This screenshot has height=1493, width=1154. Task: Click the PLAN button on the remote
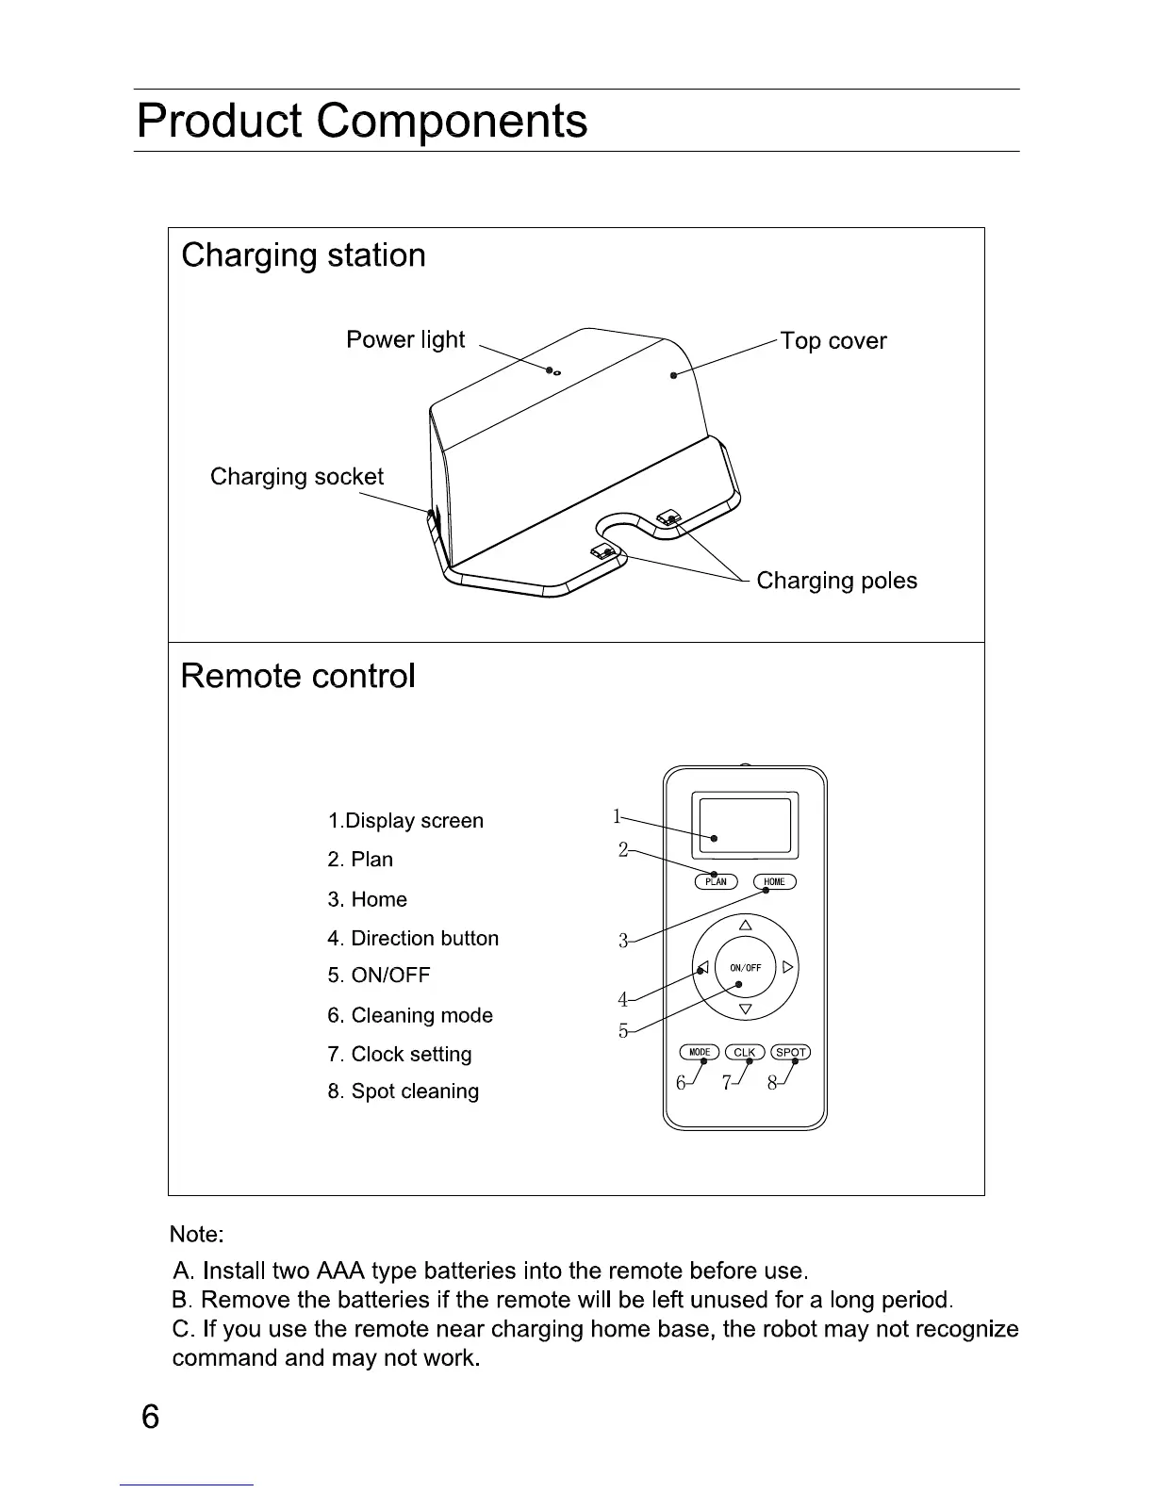[716, 882]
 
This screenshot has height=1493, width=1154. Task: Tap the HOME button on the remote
[775, 882]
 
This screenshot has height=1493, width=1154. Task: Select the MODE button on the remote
[700, 1053]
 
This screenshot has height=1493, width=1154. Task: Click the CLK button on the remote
[745, 1053]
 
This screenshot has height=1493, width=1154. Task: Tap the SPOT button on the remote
[791, 1053]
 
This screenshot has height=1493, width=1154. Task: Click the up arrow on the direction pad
[746, 925]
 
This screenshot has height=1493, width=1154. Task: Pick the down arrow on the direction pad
[746, 1010]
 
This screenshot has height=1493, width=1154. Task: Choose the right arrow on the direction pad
[788, 967]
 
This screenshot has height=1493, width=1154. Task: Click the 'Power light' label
[405, 340]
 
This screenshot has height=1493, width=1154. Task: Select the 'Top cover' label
[833, 341]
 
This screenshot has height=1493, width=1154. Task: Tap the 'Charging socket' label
[297, 477]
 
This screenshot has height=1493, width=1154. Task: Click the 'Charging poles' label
[836, 581]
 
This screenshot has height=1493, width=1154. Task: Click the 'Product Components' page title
[362, 121]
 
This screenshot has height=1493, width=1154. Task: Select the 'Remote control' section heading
[298, 677]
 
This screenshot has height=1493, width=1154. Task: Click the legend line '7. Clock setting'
[400, 1055]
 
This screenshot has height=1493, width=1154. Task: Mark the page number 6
[151, 1418]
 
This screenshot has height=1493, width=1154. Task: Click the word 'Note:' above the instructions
[196, 1235]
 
